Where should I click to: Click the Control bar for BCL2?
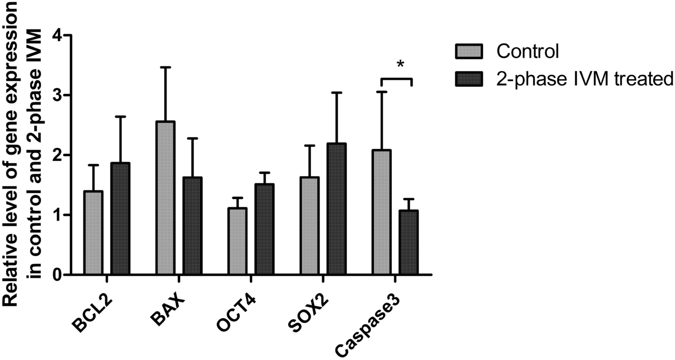click(93, 233)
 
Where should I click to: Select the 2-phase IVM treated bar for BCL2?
click(120, 219)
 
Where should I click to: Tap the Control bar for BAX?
click(165, 198)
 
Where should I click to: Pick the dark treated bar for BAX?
click(192, 226)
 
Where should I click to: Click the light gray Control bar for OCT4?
click(237, 241)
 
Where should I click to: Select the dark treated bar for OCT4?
click(264, 229)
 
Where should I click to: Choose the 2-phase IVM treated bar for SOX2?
click(337, 209)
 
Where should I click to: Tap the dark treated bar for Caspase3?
click(408, 242)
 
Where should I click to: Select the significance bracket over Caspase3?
click(396, 79)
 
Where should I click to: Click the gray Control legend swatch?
click(469, 51)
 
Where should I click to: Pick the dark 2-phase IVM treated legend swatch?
click(469, 78)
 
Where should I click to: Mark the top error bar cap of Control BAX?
click(165, 67)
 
